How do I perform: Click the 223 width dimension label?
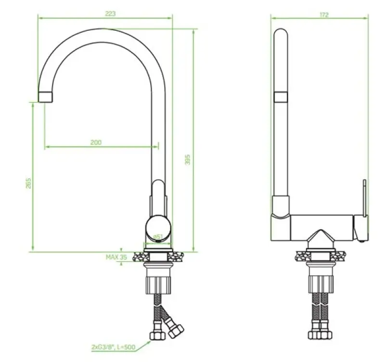pyautogui.click(x=110, y=14)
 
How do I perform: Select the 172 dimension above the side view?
pyautogui.click(x=324, y=14)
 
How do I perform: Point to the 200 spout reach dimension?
pyautogui.click(x=96, y=143)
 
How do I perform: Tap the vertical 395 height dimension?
pyautogui.click(x=188, y=160)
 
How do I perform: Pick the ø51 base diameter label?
pyautogui.click(x=157, y=237)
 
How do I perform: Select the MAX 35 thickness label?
pyautogui.click(x=116, y=258)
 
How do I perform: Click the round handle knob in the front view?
pyautogui.click(x=157, y=226)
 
